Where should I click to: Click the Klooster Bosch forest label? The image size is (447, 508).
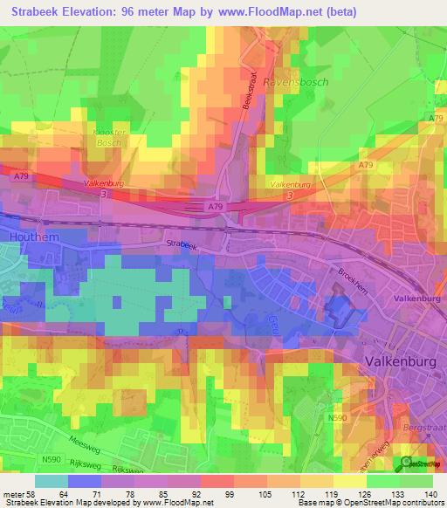coord(111,136)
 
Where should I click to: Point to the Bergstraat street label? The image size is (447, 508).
coord(424,429)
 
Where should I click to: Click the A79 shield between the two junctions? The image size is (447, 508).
coord(215,207)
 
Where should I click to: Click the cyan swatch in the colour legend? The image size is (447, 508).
coord(52,481)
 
